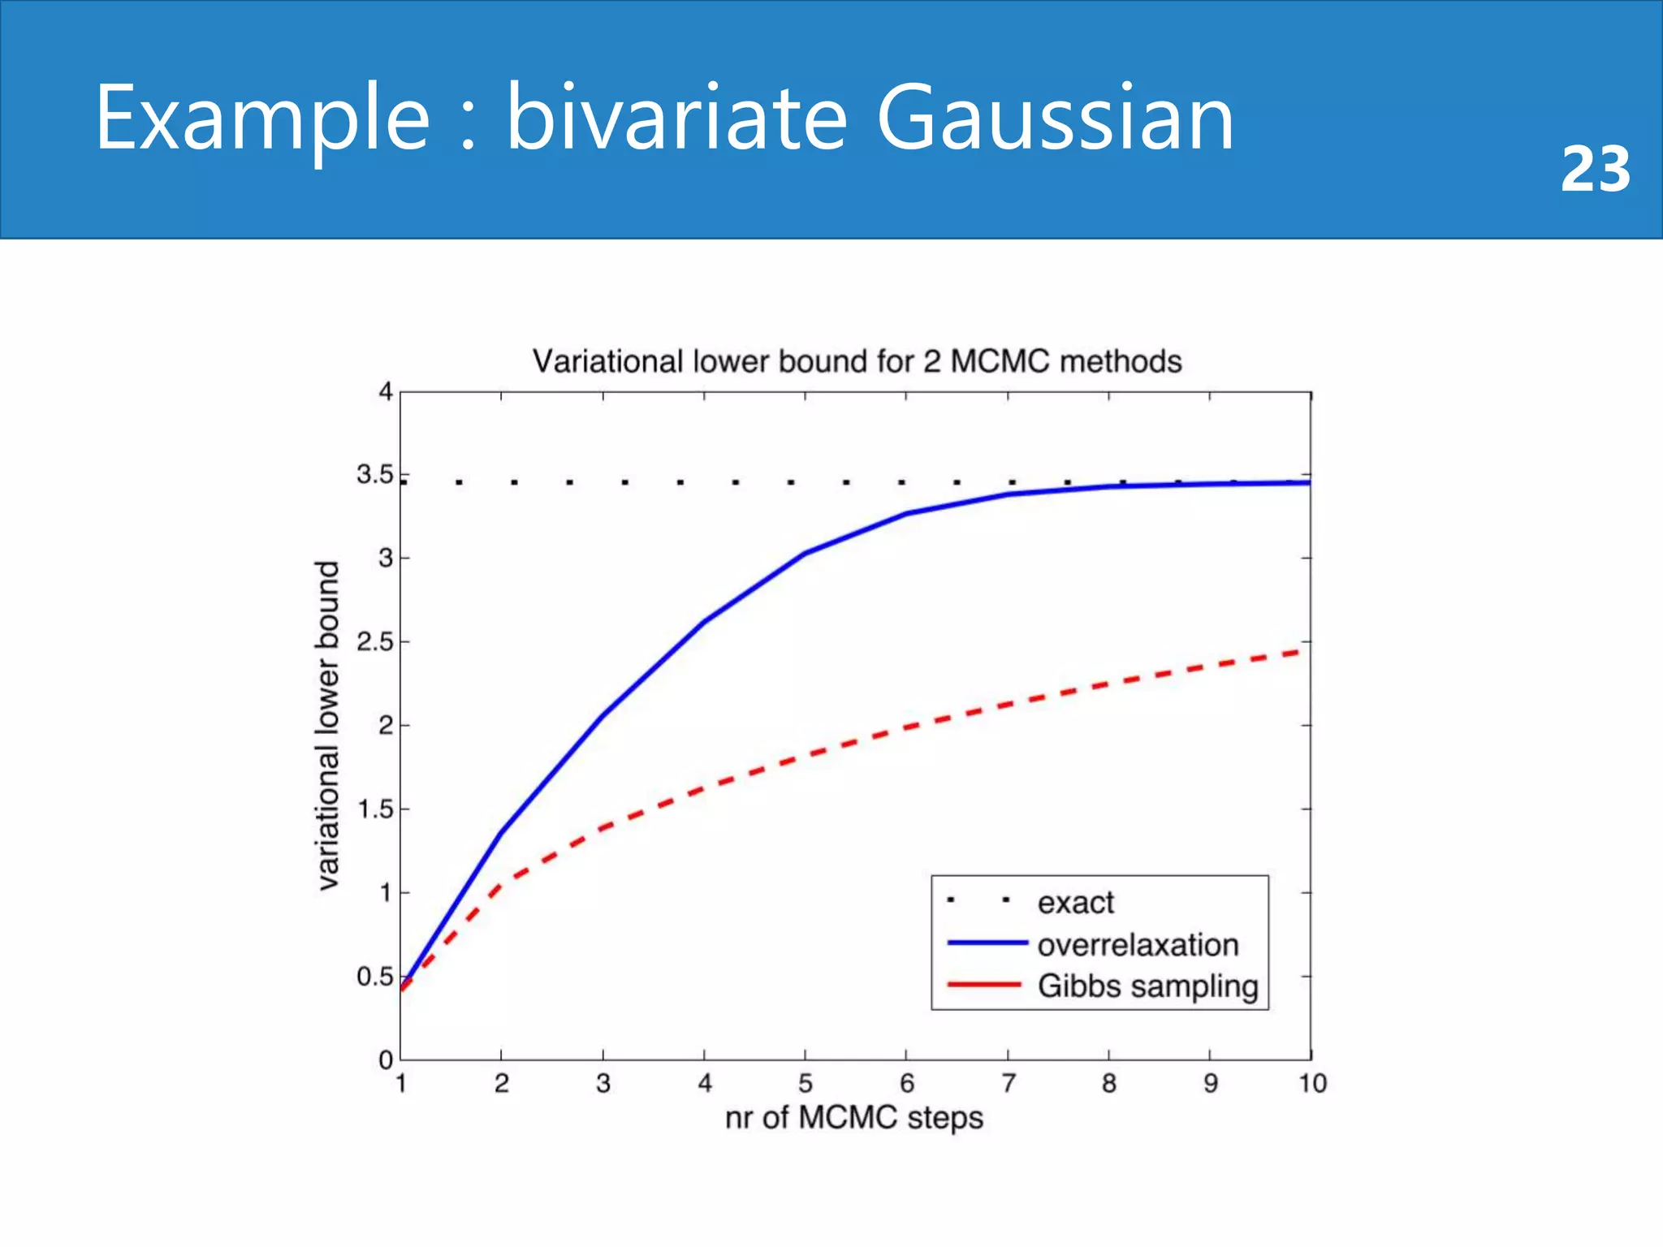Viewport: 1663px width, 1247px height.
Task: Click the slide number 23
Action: [1595, 169]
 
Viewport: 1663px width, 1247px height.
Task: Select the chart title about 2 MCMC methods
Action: [857, 361]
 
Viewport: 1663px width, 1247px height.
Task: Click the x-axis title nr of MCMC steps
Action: [853, 1118]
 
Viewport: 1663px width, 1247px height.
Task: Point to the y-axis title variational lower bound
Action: [327, 725]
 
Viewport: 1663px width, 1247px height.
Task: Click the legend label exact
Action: [1075, 903]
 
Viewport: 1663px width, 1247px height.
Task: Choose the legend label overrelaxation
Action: [1138, 945]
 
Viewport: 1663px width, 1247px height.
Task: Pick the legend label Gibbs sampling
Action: [1147, 986]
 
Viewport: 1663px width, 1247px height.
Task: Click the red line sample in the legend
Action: [984, 985]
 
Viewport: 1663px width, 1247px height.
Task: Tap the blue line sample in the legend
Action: [987, 943]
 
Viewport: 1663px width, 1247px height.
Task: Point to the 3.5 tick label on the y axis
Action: [374, 474]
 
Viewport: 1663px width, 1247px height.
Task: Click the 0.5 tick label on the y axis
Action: [374, 977]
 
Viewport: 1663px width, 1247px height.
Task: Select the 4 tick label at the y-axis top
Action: [386, 391]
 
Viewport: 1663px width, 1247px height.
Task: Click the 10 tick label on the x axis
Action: [1311, 1083]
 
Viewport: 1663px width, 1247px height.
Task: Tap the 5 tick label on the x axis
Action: [805, 1083]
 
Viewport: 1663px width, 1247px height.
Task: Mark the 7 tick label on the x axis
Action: [1008, 1083]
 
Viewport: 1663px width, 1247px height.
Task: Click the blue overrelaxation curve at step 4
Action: [704, 622]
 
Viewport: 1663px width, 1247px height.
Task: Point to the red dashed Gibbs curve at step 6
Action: [906, 727]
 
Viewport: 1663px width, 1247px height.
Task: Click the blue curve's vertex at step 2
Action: [501, 833]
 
